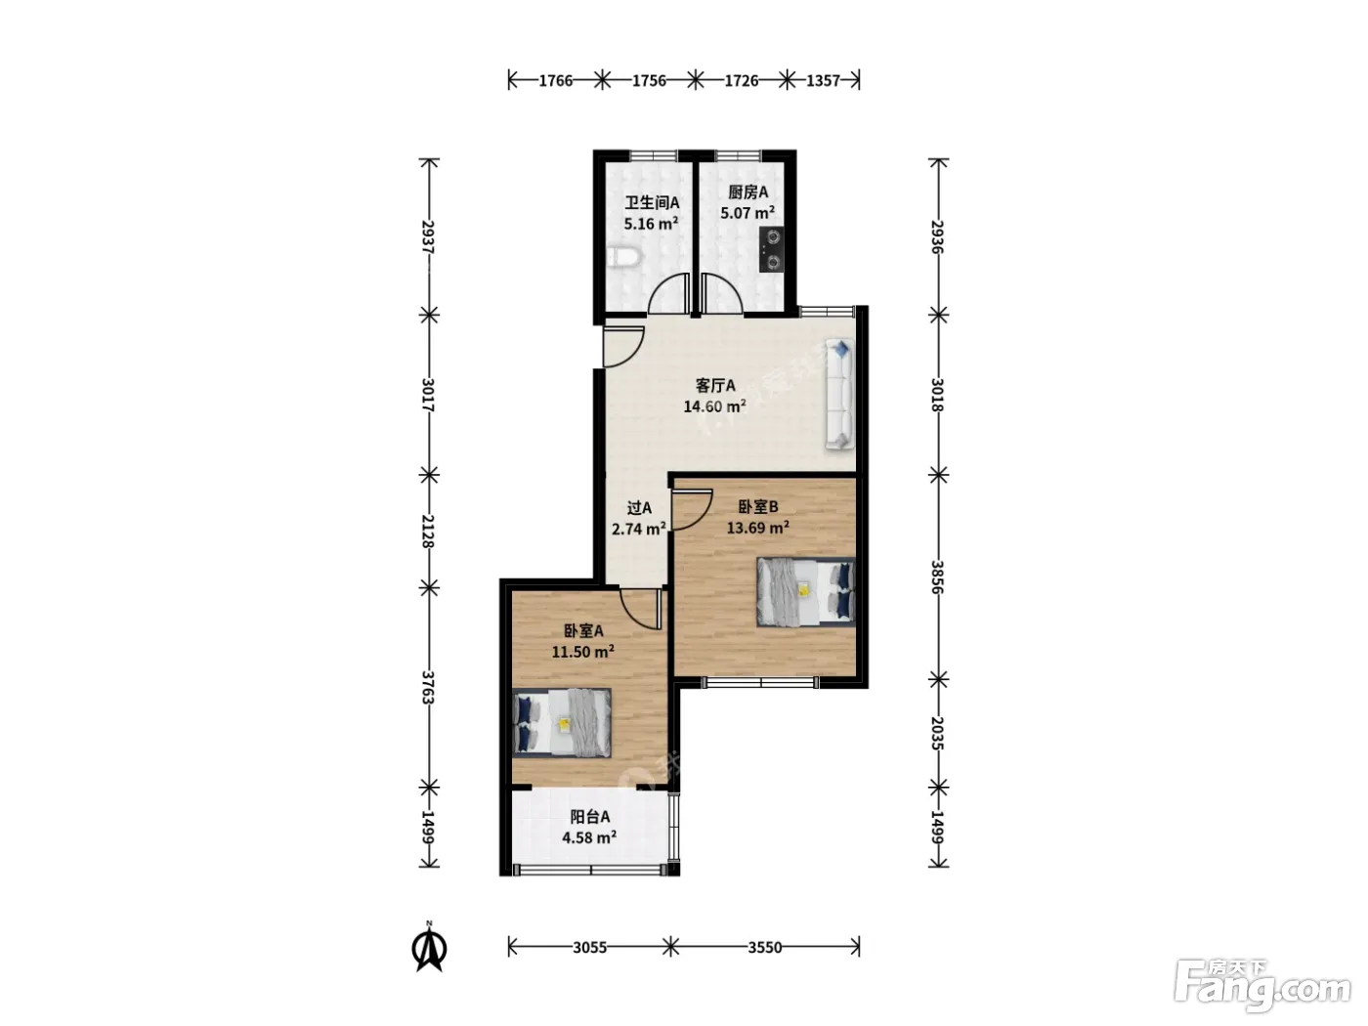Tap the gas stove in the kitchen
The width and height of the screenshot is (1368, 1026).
[x=773, y=249]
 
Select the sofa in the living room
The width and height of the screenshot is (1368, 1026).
[x=840, y=394]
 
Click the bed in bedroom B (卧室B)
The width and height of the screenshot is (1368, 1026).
[x=805, y=591]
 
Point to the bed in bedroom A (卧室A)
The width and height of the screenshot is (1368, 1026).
[x=562, y=723]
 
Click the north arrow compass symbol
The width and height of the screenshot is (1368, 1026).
[x=429, y=948]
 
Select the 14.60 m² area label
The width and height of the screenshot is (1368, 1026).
[x=715, y=406]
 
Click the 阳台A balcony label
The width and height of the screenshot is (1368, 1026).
[x=589, y=817]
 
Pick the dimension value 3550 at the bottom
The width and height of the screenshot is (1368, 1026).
[x=765, y=948]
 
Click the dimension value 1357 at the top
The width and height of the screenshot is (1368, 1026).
[x=824, y=80]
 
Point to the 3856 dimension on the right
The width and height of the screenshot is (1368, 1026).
[x=938, y=577]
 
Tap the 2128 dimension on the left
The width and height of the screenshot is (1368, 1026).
[x=428, y=532]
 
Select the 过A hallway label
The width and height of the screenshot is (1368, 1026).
[x=639, y=508]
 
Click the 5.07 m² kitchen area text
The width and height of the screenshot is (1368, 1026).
[x=748, y=213]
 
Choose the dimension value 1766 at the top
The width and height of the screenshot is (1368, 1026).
[x=555, y=80]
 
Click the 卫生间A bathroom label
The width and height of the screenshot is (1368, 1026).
[x=652, y=203]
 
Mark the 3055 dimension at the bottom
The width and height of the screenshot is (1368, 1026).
[x=589, y=948]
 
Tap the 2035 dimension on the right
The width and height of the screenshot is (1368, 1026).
[x=938, y=733]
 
